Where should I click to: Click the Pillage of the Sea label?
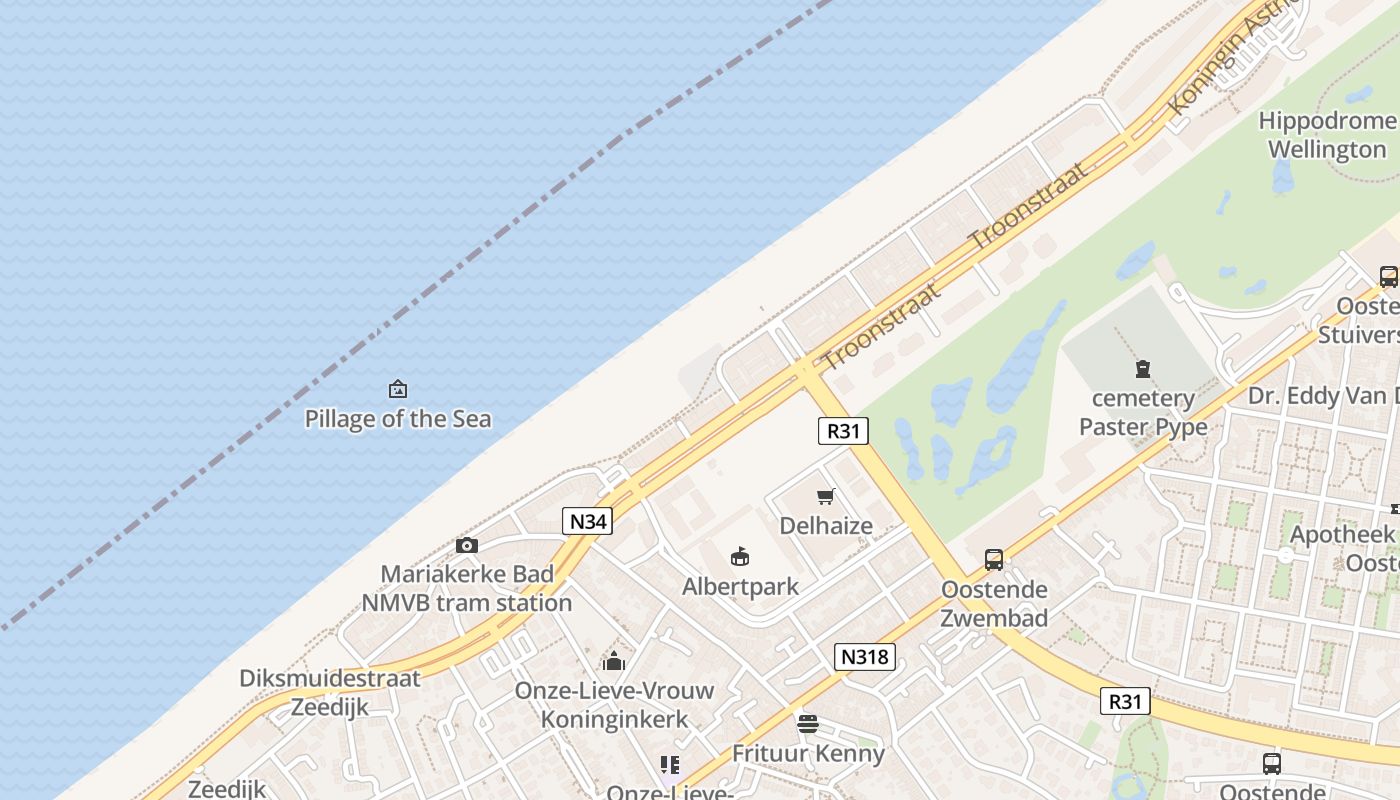click(x=398, y=418)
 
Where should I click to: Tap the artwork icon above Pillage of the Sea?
click(x=398, y=389)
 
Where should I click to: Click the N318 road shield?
click(x=864, y=657)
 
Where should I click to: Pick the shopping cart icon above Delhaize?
click(x=826, y=496)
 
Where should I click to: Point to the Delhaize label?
click(x=826, y=525)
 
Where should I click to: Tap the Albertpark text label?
click(x=740, y=586)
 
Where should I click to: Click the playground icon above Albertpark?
click(x=740, y=557)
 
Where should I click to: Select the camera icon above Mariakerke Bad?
click(x=466, y=545)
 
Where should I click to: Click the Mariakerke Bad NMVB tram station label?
click(x=466, y=588)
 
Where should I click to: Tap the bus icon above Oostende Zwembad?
click(x=993, y=560)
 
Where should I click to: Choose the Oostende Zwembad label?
click(x=994, y=603)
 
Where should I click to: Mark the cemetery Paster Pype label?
click(x=1143, y=412)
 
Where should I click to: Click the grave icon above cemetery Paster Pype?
click(x=1143, y=369)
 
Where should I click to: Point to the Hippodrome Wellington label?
click(x=1327, y=135)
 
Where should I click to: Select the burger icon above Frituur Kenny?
click(x=808, y=723)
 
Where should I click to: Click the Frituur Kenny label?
click(x=808, y=753)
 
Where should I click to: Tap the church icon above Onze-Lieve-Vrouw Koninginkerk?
click(x=614, y=661)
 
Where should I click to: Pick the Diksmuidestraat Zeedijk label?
click(x=330, y=692)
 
